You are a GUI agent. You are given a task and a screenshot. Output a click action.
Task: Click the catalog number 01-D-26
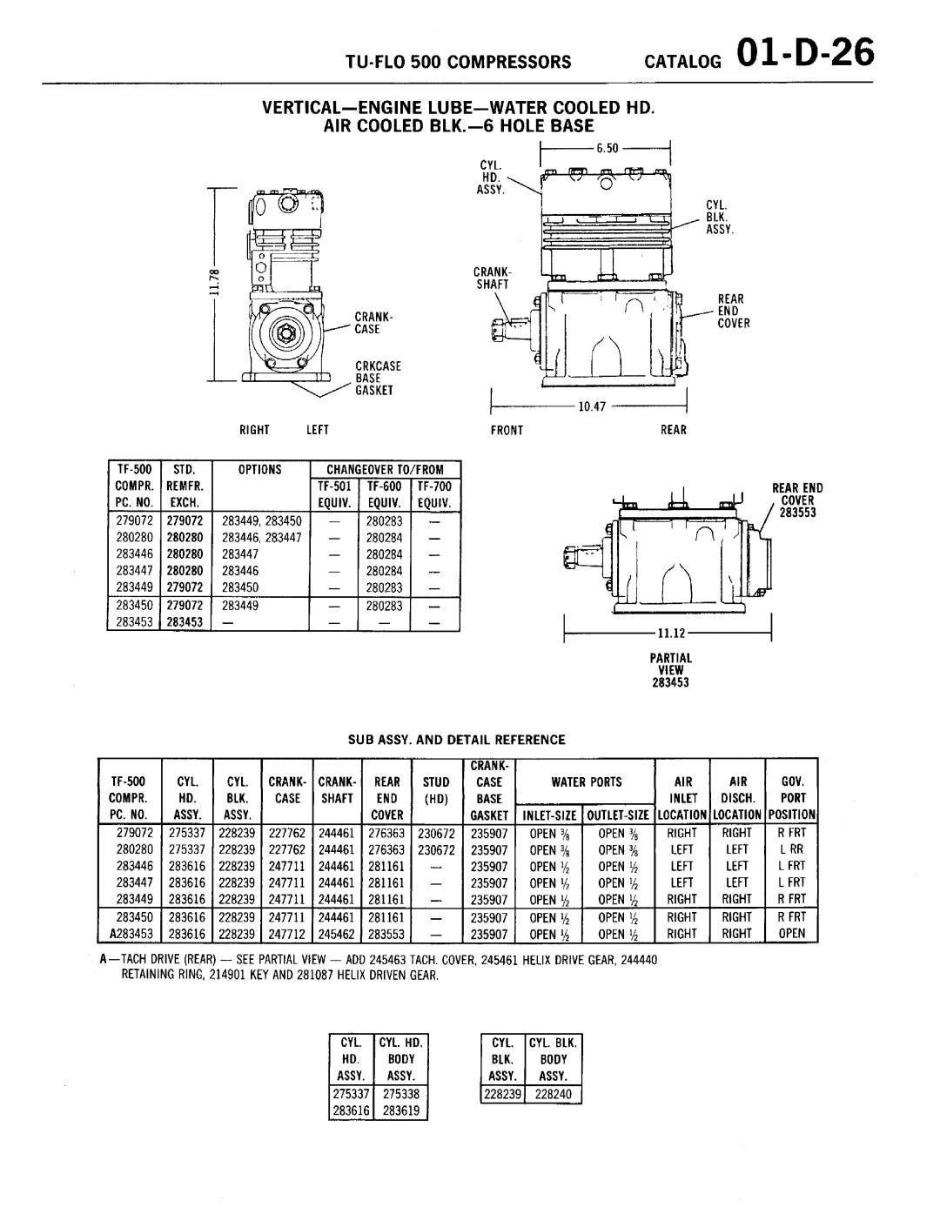coord(805,54)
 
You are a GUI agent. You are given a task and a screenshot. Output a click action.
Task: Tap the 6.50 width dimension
coord(608,149)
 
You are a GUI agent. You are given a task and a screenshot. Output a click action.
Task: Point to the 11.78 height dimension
coord(215,282)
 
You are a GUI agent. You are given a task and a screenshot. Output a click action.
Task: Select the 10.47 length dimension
coord(592,406)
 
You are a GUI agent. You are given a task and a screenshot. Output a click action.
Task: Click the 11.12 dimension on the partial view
coord(671,633)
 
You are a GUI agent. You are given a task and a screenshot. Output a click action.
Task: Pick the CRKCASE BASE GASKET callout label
coord(378,379)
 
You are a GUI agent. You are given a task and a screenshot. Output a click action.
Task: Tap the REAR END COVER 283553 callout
coord(797,500)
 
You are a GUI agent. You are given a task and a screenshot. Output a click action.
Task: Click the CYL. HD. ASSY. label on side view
coord(491,178)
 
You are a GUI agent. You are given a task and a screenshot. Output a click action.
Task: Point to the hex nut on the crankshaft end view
coord(286,333)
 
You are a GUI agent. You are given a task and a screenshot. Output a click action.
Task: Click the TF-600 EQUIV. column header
coord(384,494)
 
